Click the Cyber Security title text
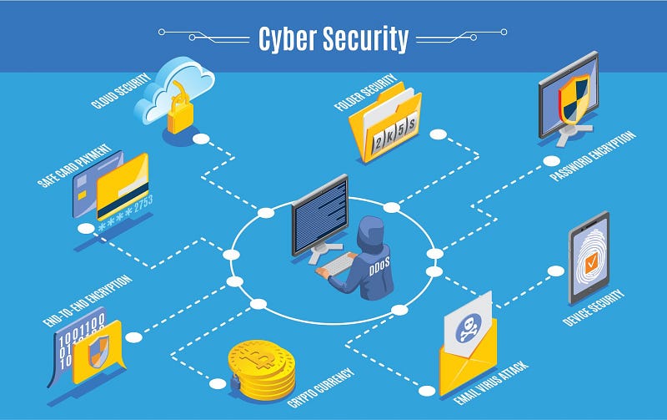click(333, 38)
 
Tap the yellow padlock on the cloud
click(180, 114)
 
